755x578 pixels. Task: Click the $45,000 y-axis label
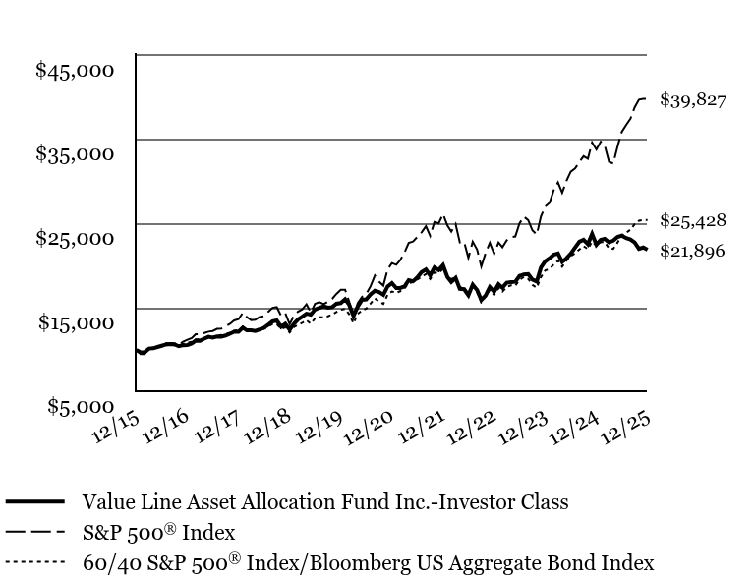coord(75,70)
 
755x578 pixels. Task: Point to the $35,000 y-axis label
coord(75,153)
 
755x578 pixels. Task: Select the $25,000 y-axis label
coord(75,237)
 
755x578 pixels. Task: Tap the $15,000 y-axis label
coord(75,321)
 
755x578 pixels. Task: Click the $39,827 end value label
coord(693,100)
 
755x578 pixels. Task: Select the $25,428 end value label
coord(693,220)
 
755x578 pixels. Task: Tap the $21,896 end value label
coord(693,252)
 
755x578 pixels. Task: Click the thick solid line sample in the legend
coord(34,501)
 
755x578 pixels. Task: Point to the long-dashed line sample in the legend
coord(34,532)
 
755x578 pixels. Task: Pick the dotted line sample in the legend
coord(34,563)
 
